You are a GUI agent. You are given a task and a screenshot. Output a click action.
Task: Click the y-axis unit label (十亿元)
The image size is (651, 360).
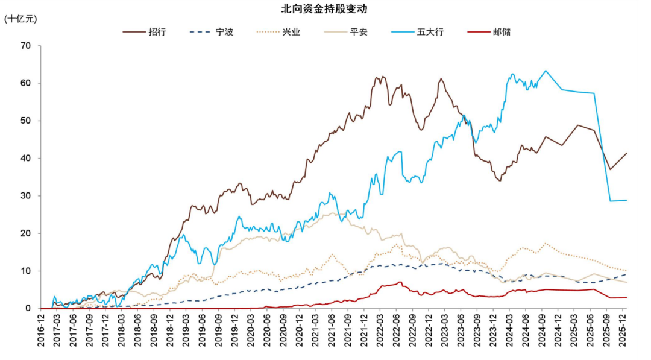pyautogui.click(x=20, y=19)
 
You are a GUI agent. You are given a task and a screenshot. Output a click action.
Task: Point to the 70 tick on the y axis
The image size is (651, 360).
pyautogui.click(x=25, y=45)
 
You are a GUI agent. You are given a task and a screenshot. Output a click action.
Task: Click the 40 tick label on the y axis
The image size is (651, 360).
pyautogui.click(x=25, y=158)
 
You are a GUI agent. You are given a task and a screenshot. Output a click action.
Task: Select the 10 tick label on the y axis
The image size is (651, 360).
pyautogui.click(x=25, y=271)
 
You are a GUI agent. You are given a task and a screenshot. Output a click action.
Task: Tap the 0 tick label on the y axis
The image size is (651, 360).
pyautogui.click(x=27, y=308)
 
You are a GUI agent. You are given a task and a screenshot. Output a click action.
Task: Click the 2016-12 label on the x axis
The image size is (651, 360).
pyautogui.click(x=40, y=329)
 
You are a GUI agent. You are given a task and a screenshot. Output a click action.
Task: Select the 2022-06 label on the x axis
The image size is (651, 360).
pyautogui.click(x=396, y=329)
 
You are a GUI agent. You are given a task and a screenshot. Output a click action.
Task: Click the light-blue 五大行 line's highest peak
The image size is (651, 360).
pyautogui.click(x=546, y=71)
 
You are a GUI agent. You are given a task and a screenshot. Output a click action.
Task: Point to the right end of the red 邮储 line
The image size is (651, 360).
pyautogui.click(x=627, y=297)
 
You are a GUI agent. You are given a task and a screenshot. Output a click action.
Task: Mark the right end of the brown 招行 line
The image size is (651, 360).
pyautogui.click(x=627, y=153)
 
